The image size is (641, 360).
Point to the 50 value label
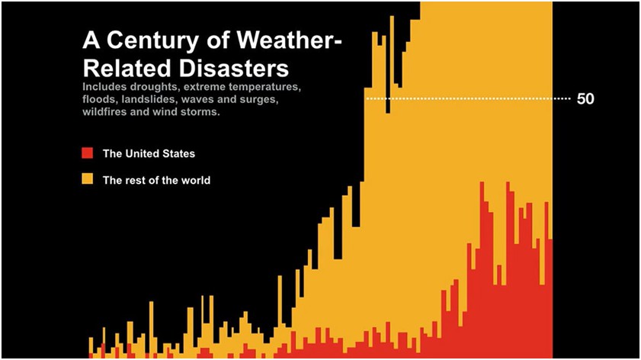tap(585, 99)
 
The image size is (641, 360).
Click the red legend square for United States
tap(88, 153)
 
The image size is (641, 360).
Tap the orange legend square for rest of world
tap(88, 180)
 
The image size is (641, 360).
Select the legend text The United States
tap(149, 153)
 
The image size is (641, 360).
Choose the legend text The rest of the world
tap(156, 181)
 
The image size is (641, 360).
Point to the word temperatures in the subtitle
tap(262, 87)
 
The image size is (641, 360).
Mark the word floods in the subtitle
tap(100, 100)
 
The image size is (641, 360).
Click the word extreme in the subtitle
tap(201, 87)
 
